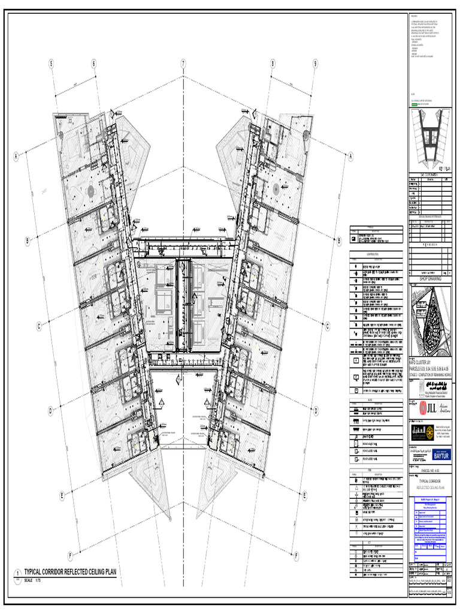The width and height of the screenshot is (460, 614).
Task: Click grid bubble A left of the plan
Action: (16, 156)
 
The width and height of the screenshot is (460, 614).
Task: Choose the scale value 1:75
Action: (37, 581)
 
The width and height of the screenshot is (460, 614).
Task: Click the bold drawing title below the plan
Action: (69, 573)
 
